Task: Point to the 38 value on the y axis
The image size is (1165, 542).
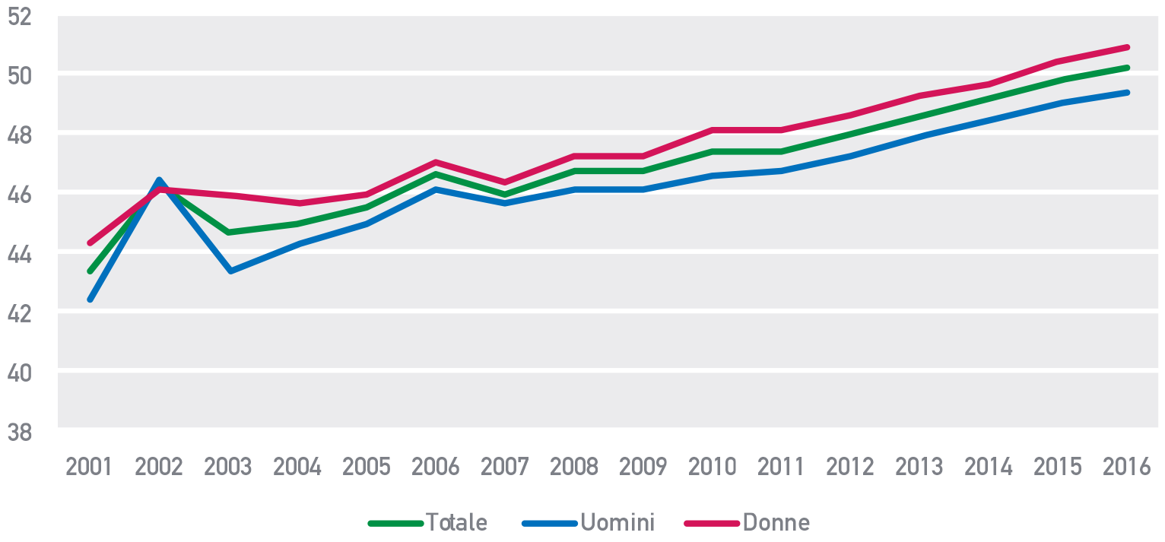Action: click(x=21, y=432)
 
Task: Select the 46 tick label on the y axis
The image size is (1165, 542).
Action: click(x=21, y=195)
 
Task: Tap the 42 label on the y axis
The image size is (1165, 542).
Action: click(x=21, y=313)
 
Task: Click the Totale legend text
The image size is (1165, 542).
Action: click(x=456, y=523)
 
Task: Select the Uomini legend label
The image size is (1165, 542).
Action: click(x=617, y=523)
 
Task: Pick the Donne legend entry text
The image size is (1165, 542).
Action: click(x=776, y=523)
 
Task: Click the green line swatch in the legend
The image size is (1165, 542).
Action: click(x=395, y=523)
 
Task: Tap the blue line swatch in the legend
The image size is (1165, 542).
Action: click(x=550, y=523)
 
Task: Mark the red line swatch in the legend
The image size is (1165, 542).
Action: click(x=711, y=523)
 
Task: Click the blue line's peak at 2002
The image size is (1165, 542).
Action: click(x=158, y=180)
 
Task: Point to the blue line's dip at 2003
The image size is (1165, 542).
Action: click(x=228, y=271)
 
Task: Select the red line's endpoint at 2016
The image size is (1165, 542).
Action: click(x=1126, y=47)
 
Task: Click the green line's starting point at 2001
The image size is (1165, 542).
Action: click(x=90, y=271)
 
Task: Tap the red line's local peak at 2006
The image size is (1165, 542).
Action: click(x=435, y=162)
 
